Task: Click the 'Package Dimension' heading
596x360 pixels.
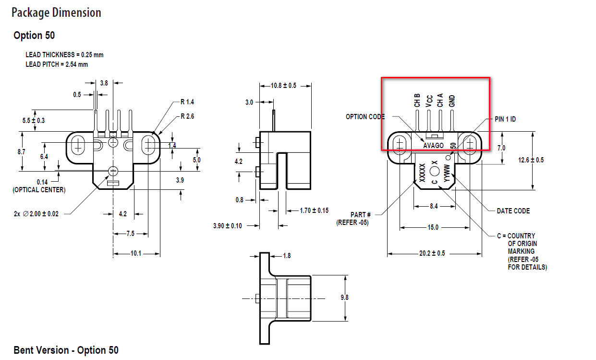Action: [x=56, y=12]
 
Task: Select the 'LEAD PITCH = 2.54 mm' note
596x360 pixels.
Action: [x=57, y=64]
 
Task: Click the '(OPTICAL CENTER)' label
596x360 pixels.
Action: [x=39, y=190]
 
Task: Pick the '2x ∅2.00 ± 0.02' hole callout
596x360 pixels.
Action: [x=36, y=214]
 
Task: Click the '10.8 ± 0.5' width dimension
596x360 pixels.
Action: [x=283, y=86]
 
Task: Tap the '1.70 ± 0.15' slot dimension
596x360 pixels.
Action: [x=314, y=210]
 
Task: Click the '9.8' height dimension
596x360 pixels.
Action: [x=344, y=298]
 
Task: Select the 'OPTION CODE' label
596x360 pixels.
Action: [x=365, y=117]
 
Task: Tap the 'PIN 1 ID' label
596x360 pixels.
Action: [x=505, y=119]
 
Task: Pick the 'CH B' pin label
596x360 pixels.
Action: [x=417, y=100]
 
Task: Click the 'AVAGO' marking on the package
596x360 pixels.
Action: [x=433, y=145]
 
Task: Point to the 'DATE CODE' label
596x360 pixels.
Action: [x=513, y=211]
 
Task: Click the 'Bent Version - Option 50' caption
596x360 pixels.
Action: [x=66, y=350]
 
